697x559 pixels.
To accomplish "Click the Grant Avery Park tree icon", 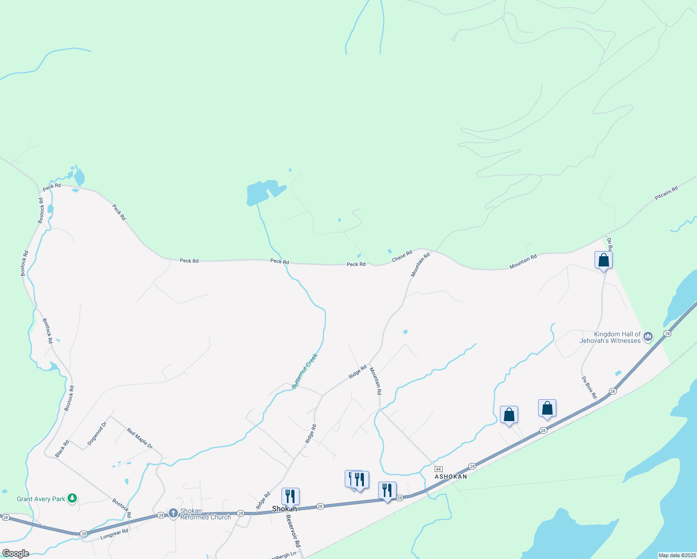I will [72, 499].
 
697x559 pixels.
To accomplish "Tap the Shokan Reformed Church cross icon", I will [173, 513].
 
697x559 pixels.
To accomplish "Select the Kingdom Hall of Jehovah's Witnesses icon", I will [648, 337].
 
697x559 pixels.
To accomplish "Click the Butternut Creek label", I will [305, 371].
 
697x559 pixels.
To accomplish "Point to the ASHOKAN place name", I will [451, 477].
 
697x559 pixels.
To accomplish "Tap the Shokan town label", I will [284, 509].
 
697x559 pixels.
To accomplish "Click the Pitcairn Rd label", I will [666, 193].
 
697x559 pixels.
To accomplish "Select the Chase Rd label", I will [402, 256].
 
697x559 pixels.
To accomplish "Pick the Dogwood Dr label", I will [97, 433].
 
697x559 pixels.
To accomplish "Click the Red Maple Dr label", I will [140, 439].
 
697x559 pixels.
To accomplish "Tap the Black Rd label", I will [62, 448].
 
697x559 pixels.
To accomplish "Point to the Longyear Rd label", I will [114, 534].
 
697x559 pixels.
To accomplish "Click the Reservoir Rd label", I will [293, 531].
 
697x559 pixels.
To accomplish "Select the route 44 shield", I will [438, 469].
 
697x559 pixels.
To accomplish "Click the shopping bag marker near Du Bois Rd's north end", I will [603, 260].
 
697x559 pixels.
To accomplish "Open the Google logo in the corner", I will [15, 553].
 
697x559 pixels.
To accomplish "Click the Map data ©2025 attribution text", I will [676, 555].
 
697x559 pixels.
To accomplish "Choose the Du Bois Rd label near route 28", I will [589, 388].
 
